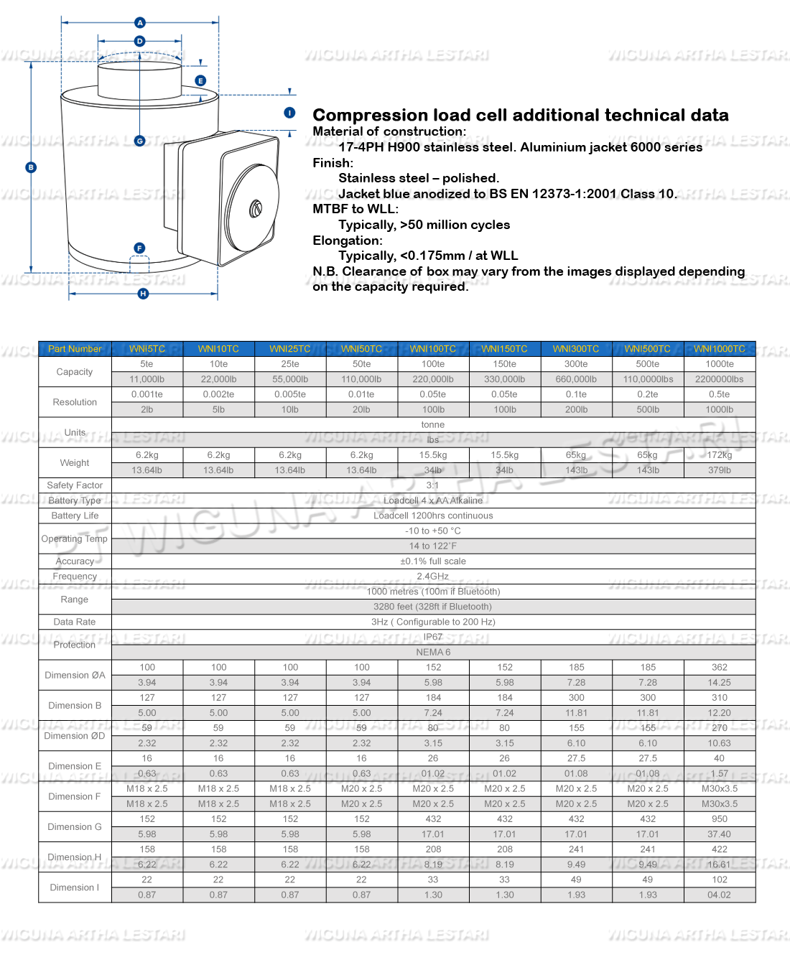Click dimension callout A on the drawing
click(140, 23)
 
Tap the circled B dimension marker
click(31, 167)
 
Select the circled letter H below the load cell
click(143, 294)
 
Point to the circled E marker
click(201, 81)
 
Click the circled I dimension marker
click(289, 113)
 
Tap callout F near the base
click(139, 248)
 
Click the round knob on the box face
click(255, 209)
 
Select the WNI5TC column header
click(147, 349)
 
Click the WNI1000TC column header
click(720, 349)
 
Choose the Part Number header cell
click(75, 349)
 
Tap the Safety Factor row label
click(75, 485)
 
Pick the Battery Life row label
click(75, 516)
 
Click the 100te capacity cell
click(433, 364)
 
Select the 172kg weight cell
click(720, 455)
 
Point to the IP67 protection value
click(433, 637)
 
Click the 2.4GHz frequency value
click(433, 577)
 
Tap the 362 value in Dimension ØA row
click(720, 668)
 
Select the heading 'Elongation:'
click(348, 241)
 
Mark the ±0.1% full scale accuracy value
click(433, 561)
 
